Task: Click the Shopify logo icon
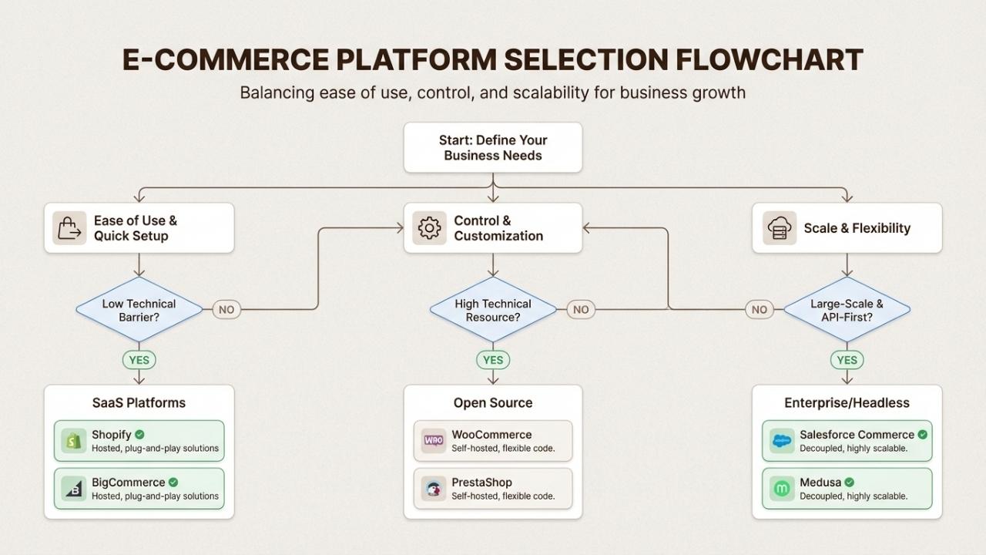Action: pos(74,441)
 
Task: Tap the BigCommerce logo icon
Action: pos(74,489)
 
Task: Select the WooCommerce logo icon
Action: pos(434,441)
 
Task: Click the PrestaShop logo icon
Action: pos(434,489)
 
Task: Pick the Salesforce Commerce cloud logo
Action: pos(782,441)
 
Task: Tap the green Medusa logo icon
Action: pos(782,489)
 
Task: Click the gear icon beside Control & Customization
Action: pos(429,228)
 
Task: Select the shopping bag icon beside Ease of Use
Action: pos(69,228)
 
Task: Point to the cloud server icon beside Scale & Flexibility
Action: pos(779,228)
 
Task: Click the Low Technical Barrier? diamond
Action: pos(139,310)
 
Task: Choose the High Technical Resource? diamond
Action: pos(493,310)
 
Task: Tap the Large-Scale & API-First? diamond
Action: pos(847,310)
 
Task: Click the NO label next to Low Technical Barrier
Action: pos(226,310)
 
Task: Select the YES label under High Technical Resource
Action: pos(493,360)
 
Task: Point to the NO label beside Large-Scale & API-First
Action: pos(760,310)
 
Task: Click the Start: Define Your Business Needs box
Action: pos(493,147)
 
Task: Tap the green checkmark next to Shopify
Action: pos(139,435)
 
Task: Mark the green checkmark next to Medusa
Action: pos(849,483)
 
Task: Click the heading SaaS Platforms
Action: pos(139,402)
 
